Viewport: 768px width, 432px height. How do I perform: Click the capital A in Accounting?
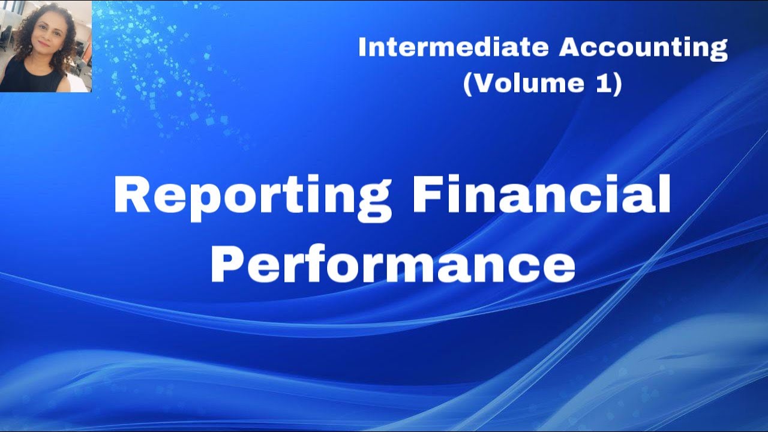coord(572,48)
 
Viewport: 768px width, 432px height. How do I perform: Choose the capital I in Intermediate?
coord(362,48)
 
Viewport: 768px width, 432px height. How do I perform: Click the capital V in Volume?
coord(485,83)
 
